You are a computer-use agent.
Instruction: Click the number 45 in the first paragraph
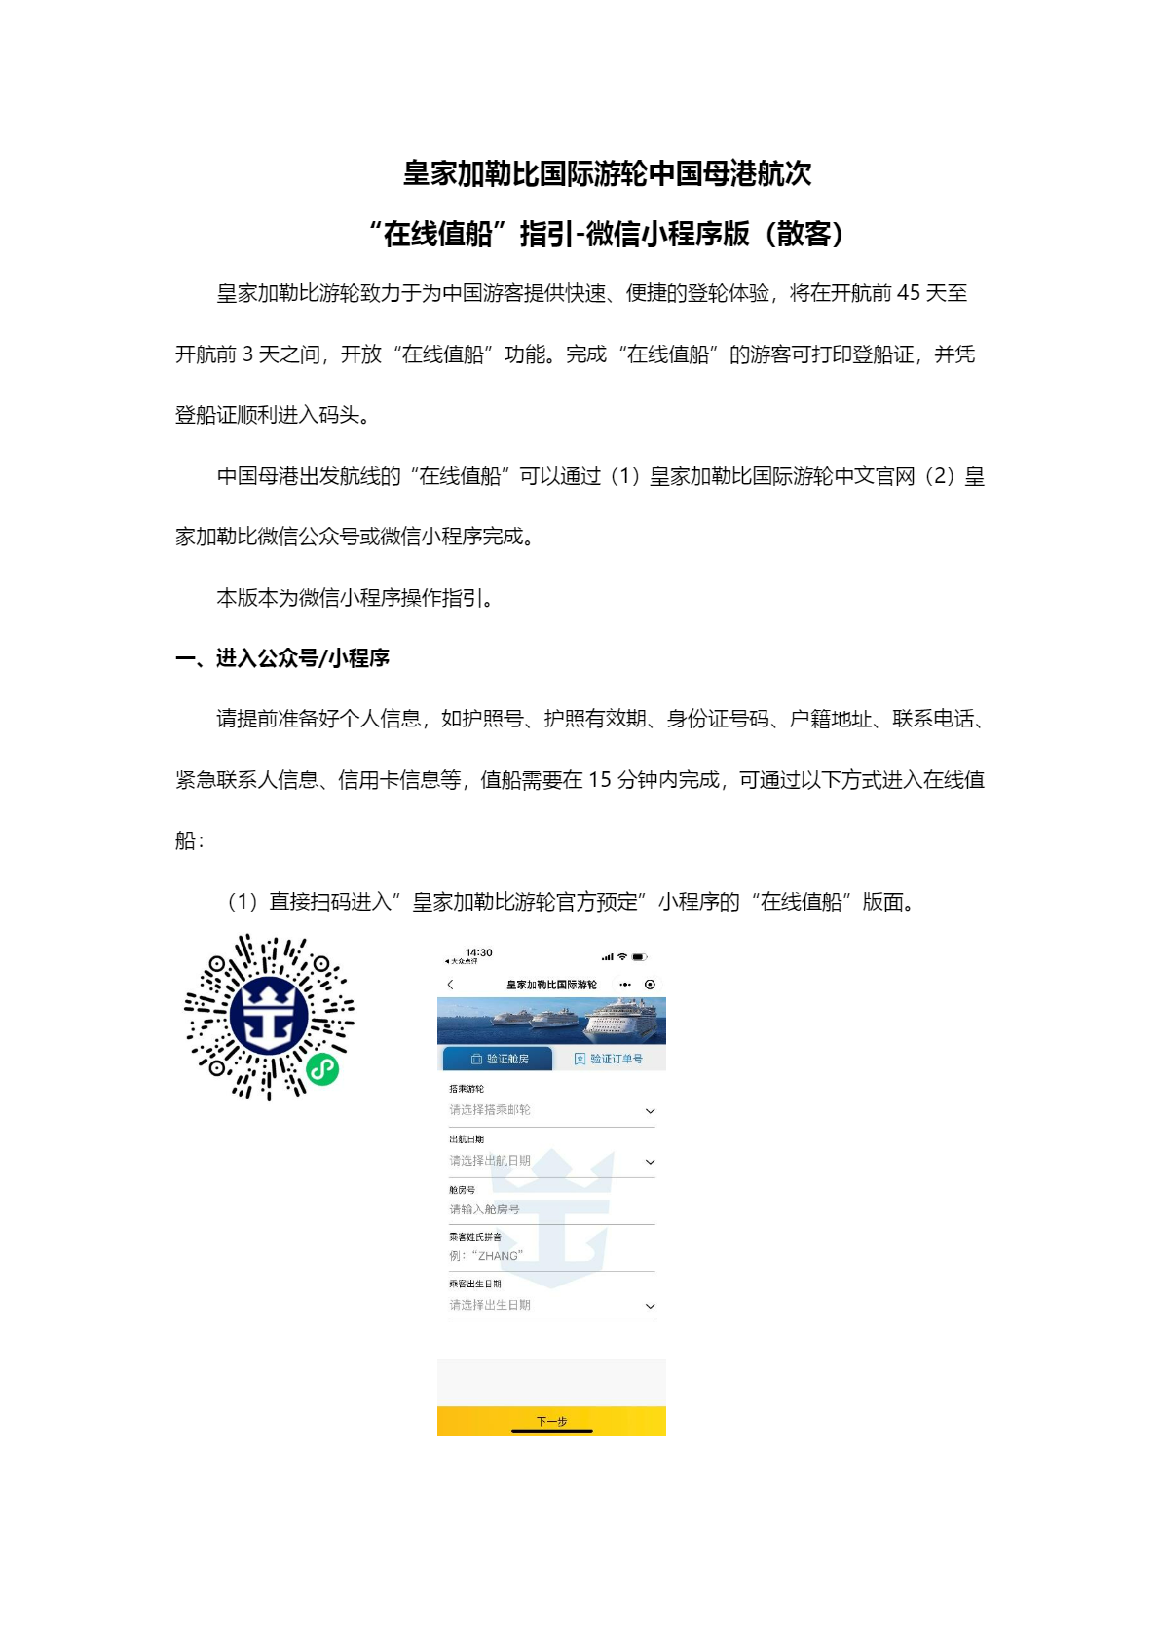coord(908,293)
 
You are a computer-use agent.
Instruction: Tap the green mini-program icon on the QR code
coord(322,1069)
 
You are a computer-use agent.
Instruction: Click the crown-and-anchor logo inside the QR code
coord(269,1016)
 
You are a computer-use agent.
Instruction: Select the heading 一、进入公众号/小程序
coord(282,658)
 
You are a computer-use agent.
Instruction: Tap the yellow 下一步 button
coord(551,1421)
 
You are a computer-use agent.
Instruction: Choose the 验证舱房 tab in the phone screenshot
coord(499,1059)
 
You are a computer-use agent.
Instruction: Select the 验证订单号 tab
coord(609,1059)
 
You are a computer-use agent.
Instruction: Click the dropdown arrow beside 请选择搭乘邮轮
coord(650,1111)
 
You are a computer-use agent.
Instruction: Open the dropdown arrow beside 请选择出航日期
coord(650,1162)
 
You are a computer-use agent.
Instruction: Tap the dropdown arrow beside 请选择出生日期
coord(650,1306)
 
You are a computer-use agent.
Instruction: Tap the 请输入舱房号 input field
coord(485,1210)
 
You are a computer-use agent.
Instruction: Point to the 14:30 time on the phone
coord(479,952)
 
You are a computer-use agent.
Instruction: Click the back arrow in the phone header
coord(450,985)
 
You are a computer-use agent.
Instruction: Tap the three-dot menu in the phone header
coord(624,985)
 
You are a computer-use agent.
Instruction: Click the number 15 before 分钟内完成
coord(600,780)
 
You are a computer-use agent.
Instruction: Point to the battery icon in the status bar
coord(639,957)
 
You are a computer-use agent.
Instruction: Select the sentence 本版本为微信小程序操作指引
coord(355,598)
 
